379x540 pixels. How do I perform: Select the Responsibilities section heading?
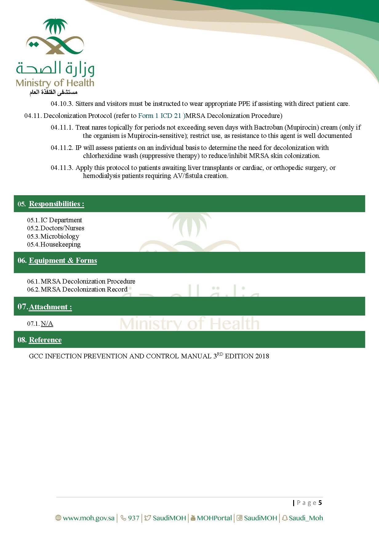coord(56,204)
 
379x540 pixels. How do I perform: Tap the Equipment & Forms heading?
coord(63,260)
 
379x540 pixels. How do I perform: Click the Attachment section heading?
coord(50,307)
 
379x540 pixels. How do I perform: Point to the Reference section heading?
coord(45,340)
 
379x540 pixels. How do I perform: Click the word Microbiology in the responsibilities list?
coord(60,236)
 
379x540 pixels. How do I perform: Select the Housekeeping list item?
coord(60,244)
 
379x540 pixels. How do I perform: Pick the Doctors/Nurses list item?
coord(62,228)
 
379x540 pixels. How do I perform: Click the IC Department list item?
coord(61,220)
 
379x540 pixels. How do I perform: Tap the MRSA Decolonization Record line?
coord(84,289)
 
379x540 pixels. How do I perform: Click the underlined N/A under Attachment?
coord(47,324)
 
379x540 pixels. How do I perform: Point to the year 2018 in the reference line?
coord(262,356)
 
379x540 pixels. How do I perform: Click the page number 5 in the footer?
coord(320,503)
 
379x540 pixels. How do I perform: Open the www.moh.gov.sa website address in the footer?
coord(89,518)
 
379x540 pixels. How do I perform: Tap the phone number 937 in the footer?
coord(134,518)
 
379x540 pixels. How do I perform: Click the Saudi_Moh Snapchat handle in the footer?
coord(306,518)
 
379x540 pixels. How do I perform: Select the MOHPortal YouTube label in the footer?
coord(214,518)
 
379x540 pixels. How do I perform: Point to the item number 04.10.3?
coord(62,104)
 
